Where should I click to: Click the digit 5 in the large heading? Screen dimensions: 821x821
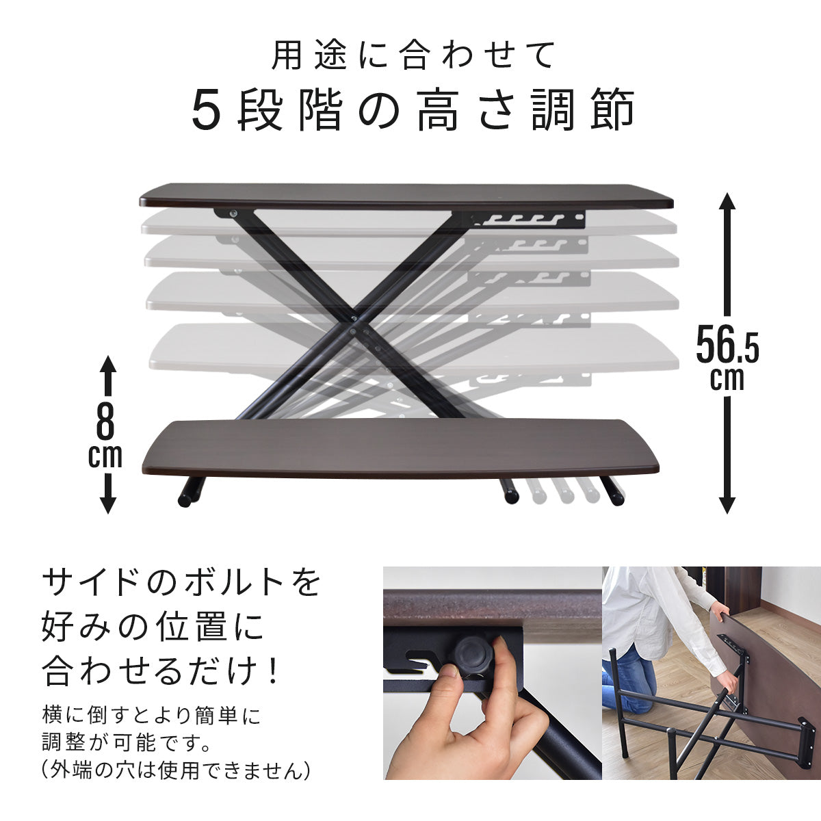coord(207,110)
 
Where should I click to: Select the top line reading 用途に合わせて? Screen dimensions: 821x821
coord(413,55)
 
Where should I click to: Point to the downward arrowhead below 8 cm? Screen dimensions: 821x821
coord(108,503)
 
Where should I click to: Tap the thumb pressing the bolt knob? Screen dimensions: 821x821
coord(449,678)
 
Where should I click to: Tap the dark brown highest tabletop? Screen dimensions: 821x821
coord(406,197)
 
